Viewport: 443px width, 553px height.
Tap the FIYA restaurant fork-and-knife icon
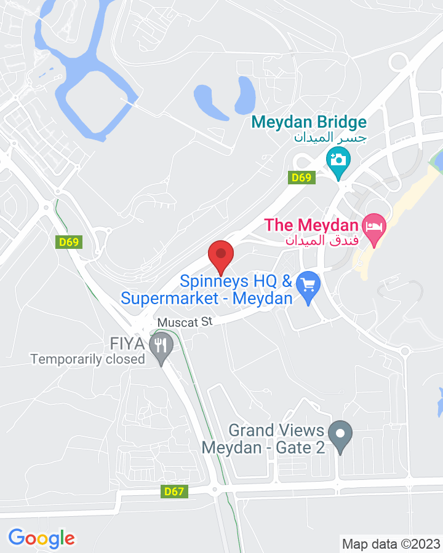point(161,345)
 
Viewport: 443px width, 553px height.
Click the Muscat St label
point(185,321)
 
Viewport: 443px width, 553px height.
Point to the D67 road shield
point(175,492)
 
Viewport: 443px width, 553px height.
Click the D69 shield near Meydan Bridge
point(303,178)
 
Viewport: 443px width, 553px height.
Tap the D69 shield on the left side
point(69,242)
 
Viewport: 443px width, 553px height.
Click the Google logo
point(41,538)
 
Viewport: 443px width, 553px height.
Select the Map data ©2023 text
point(391,544)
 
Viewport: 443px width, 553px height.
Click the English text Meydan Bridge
point(309,122)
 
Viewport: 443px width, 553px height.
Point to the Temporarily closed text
point(87,359)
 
